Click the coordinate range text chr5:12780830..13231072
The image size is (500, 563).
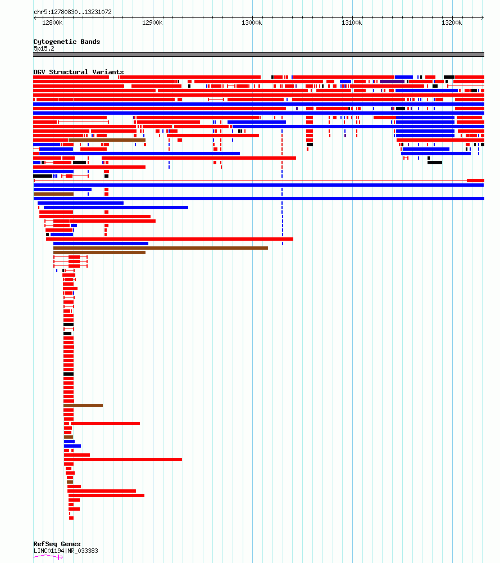(x=72, y=12)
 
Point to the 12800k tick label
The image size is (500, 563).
(x=52, y=22)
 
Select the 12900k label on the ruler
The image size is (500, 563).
(x=152, y=22)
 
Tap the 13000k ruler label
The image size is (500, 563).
(x=252, y=22)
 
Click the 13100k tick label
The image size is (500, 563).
(x=352, y=22)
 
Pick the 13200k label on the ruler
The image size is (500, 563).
(x=452, y=22)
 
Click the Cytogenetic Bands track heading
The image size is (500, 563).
(x=67, y=42)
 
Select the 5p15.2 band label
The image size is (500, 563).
(x=44, y=48)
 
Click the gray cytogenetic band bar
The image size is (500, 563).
(x=258, y=55)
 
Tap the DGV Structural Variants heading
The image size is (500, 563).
(x=79, y=72)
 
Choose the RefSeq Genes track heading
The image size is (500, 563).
(x=57, y=544)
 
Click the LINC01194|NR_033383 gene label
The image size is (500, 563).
(x=66, y=551)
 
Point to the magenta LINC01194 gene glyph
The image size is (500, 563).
(x=48, y=557)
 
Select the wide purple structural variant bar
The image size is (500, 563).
(x=392, y=82)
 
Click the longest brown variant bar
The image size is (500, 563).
(x=160, y=248)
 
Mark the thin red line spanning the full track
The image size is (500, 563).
(x=251, y=180)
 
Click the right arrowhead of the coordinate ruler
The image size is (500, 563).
(x=483, y=17)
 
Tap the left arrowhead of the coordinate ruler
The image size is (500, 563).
(x=35, y=17)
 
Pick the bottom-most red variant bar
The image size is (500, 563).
(x=71, y=518)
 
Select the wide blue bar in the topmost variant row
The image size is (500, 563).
(x=404, y=77)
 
